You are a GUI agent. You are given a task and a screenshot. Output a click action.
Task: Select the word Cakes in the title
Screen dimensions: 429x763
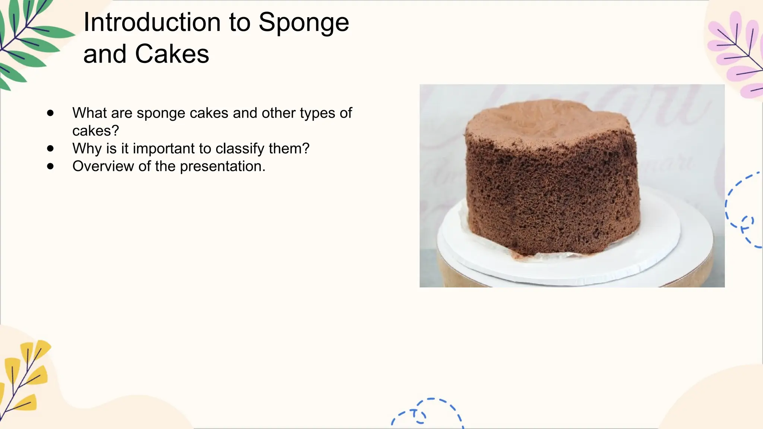pyautogui.click(x=172, y=54)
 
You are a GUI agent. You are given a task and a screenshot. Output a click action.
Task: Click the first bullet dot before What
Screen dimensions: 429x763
pyautogui.click(x=51, y=113)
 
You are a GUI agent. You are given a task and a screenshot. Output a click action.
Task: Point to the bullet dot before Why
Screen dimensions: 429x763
pyautogui.click(x=51, y=149)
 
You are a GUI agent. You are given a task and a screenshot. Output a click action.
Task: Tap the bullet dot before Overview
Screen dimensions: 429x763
pyautogui.click(x=51, y=166)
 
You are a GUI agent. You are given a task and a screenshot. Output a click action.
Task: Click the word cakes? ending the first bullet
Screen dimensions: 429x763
pyautogui.click(x=95, y=131)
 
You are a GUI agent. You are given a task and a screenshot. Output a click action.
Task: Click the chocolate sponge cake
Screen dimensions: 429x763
pyautogui.click(x=551, y=182)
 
